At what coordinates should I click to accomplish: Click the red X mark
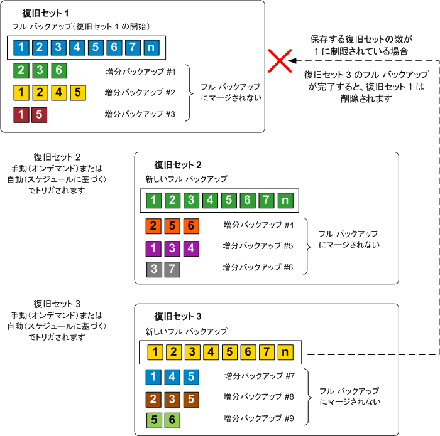(x=279, y=61)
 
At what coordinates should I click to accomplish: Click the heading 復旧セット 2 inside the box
(x=178, y=165)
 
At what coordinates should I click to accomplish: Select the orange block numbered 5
(x=172, y=225)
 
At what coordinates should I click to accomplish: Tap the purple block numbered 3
(x=172, y=247)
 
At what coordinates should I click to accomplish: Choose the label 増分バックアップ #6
(x=258, y=268)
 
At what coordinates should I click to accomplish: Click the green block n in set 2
(x=285, y=200)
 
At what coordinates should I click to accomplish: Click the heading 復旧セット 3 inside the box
(x=178, y=316)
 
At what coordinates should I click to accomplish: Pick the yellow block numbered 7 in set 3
(x=268, y=351)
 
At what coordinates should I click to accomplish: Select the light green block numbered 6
(x=172, y=420)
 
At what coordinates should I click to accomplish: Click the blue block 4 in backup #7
(x=172, y=377)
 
